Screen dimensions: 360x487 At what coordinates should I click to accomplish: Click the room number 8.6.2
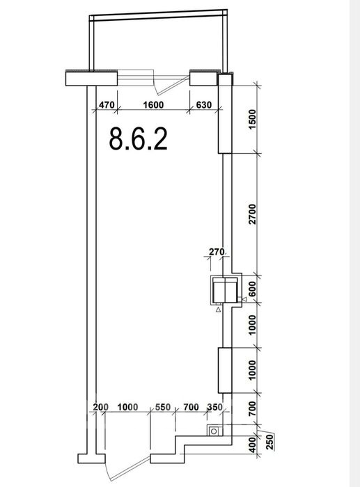pyautogui.click(x=139, y=139)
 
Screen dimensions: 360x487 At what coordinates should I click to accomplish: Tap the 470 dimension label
pyautogui.click(x=107, y=105)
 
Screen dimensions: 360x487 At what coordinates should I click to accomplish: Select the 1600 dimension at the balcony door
pyautogui.click(x=153, y=105)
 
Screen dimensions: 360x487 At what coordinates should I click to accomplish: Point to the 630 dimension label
pyautogui.click(x=203, y=105)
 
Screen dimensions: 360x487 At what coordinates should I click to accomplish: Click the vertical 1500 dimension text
pyautogui.click(x=253, y=120)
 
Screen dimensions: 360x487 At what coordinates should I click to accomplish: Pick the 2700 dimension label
pyautogui.click(x=253, y=214)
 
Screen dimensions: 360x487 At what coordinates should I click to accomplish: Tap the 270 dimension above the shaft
pyautogui.click(x=217, y=252)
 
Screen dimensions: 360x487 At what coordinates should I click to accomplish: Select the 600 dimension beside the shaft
pyautogui.click(x=253, y=289)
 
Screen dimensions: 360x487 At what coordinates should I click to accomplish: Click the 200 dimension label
pyautogui.click(x=101, y=407)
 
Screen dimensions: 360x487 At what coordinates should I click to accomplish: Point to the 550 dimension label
pyautogui.click(x=163, y=407)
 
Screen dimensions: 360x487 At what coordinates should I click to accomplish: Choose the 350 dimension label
pyautogui.click(x=215, y=407)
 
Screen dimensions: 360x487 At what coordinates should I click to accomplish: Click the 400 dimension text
pyautogui.click(x=253, y=445)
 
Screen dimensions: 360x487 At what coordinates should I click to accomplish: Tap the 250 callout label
pyautogui.click(x=269, y=442)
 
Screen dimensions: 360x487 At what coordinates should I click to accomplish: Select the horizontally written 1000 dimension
pyautogui.click(x=127, y=407)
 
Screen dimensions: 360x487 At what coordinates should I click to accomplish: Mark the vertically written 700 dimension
pyautogui.click(x=253, y=409)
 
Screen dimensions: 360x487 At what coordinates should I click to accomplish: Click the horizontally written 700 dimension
pyautogui.click(x=191, y=407)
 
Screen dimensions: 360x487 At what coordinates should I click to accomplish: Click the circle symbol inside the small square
pyautogui.click(x=214, y=431)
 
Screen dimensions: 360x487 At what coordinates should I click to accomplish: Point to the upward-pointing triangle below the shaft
pyautogui.click(x=218, y=309)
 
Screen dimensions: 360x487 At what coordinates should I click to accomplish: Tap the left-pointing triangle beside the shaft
pyautogui.click(x=244, y=299)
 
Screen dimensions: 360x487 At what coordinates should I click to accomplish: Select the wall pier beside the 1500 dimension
pyautogui.click(x=225, y=113)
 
